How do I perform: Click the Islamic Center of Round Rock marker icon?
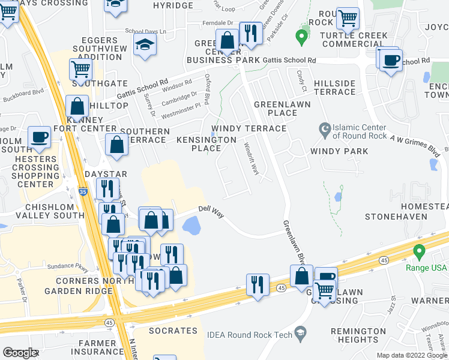tap(325, 129)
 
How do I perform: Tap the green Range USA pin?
tap(419, 250)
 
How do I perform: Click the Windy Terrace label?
tap(248, 128)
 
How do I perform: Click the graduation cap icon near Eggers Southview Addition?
tap(145, 45)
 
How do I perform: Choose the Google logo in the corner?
tap(20, 353)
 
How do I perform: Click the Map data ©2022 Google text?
tap(411, 355)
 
